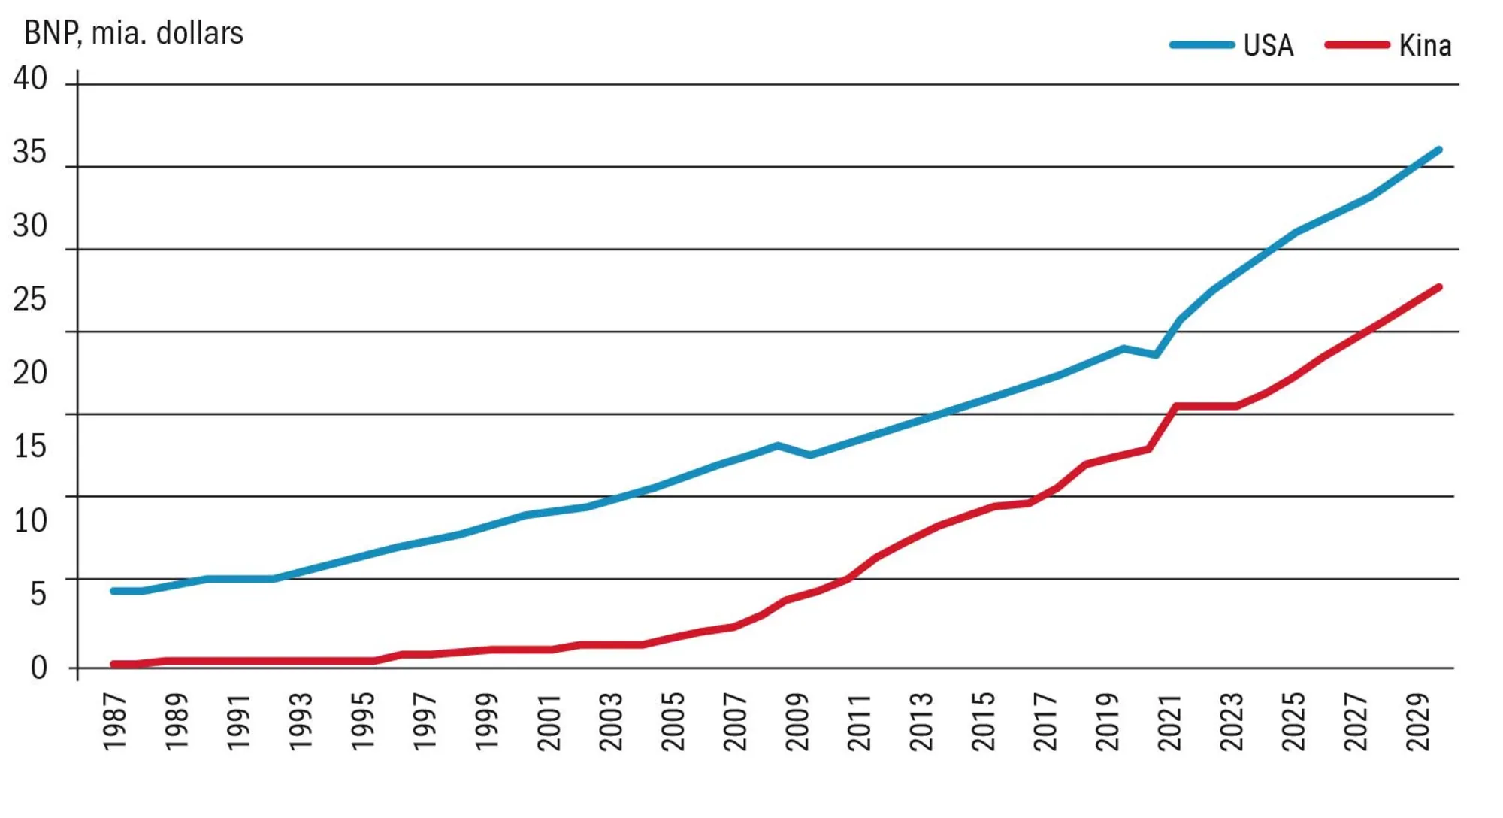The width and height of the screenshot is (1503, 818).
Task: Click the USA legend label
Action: [x=1268, y=46]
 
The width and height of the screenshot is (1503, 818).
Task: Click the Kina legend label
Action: [x=1424, y=46]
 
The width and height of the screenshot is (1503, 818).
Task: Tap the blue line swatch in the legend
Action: [x=1202, y=45]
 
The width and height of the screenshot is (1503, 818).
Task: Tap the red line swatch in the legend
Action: [x=1356, y=45]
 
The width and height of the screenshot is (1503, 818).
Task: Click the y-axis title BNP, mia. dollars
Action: [x=134, y=33]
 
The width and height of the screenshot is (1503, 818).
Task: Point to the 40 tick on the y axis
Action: [x=30, y=78]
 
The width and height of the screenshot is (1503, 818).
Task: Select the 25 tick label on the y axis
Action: [x=30, y=299]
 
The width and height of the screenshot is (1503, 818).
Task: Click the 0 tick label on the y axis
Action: [x=38, y=668]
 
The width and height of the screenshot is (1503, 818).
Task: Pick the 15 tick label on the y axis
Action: [x=30, y=447]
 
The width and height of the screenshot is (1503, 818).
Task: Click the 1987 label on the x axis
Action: [x=115, y=721]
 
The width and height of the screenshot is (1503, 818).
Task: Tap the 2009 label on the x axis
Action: [x=797, y=721]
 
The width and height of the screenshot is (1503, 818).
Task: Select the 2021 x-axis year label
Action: [x=1170, y=721]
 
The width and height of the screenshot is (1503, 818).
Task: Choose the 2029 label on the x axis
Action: [x=1418, y=721]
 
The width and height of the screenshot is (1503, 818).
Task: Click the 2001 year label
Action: [x=549, y=721]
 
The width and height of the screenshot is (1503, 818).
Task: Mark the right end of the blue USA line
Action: [x=1439, y=150]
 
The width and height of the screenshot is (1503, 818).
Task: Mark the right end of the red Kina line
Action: [x=1439, y=287]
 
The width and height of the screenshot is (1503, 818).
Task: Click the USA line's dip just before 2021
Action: [x=1156, y=354]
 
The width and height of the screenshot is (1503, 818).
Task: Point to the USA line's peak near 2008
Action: [x=778, y=446]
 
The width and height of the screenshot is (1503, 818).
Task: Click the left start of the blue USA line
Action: [x=113, y=591]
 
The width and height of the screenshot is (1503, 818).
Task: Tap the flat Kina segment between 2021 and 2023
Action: [x=1206, y=406]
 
